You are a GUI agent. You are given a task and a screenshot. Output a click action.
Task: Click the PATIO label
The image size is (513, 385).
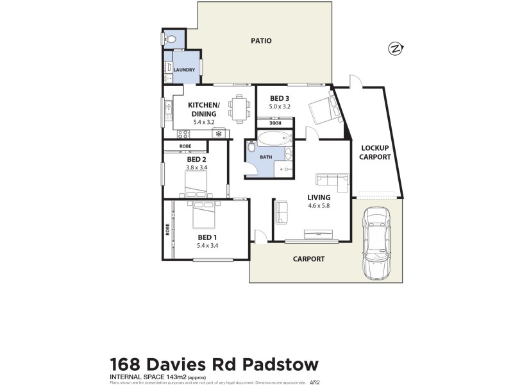[260, 41]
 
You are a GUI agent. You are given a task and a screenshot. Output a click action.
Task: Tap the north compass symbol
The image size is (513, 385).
[396, 48]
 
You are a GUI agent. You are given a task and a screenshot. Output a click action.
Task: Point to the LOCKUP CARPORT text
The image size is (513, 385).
[375, 152]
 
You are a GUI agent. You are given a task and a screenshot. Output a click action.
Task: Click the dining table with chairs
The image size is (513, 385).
[240, 109]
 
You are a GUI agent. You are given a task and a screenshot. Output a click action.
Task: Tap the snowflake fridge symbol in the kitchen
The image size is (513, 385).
[219, 134]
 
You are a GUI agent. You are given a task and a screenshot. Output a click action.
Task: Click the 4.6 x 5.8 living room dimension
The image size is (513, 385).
[319, 206]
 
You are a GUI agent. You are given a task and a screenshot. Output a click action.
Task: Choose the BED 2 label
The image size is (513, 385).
[196, 159]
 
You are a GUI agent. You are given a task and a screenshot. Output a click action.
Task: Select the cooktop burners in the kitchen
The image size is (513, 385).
[183, 134]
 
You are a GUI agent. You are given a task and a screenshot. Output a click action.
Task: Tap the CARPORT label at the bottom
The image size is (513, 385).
[308, 259]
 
